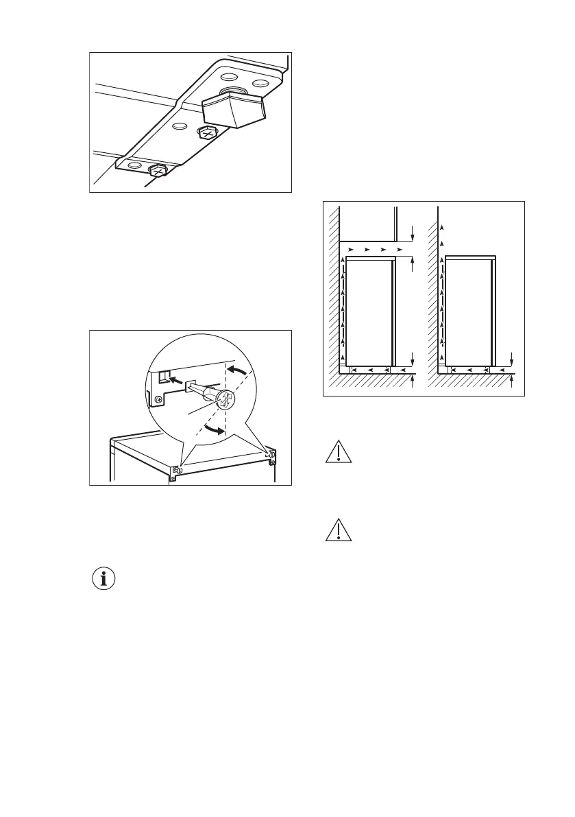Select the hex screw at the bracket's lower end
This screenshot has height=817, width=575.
pyautogui.click(x=158, y=170)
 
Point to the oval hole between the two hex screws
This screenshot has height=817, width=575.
pyautogui.click(x=180, y=127)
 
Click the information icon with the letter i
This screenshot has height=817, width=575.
pyautogui.click(x=104, y=579)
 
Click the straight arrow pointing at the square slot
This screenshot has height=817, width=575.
pyautogui.click(x=175, y=377)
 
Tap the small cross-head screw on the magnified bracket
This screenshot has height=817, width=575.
pyautogui.click(x=159, y=399)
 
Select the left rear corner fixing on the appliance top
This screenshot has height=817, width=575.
pyautogui.click(x=177, y=470)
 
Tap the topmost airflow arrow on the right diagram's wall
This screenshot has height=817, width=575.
pyautogui.click(x=442, y=226)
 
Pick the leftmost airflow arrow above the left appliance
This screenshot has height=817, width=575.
pyautogui.click(x=351, y=249)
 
